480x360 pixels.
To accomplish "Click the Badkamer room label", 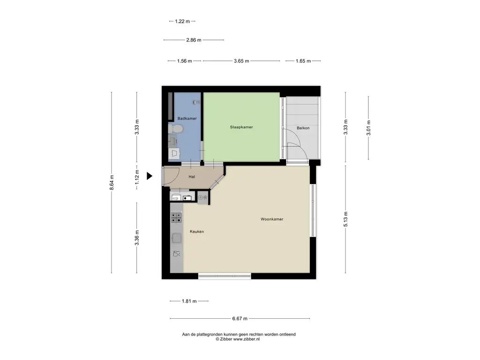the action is [x=187, y=119].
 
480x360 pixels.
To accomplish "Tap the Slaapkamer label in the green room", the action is [x=241, y=127].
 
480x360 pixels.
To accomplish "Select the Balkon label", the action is [x=303, y=128].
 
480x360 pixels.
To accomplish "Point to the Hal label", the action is [x=192, y=177].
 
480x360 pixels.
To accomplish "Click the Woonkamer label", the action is [x=272, y=219].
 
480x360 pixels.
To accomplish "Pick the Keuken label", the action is [x=197, y=232].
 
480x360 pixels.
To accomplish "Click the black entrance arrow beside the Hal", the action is [x=150, y=176].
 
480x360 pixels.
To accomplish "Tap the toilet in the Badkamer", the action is [x=175, y=129].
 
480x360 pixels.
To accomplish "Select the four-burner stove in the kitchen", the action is [x=176, y=217].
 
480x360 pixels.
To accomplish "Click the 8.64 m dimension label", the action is [x=112, y=182].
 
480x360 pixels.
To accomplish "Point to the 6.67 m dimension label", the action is [x=240, y=319].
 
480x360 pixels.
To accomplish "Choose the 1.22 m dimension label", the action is [x=182, y=22].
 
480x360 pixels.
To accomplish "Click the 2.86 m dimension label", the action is [x=194, y=40].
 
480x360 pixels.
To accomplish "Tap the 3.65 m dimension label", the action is [x=241, y=61].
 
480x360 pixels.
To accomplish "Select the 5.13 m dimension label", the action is [x=345, y=219].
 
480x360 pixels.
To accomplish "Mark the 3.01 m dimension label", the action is [x=368, y=127].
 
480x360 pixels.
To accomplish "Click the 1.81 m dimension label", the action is [x=189, y=301].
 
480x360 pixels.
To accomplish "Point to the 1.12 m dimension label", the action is [x=137, y=177].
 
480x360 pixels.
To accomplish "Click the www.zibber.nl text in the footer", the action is [x=247, y=339].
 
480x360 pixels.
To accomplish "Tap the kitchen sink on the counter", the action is [x=177, y=238].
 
